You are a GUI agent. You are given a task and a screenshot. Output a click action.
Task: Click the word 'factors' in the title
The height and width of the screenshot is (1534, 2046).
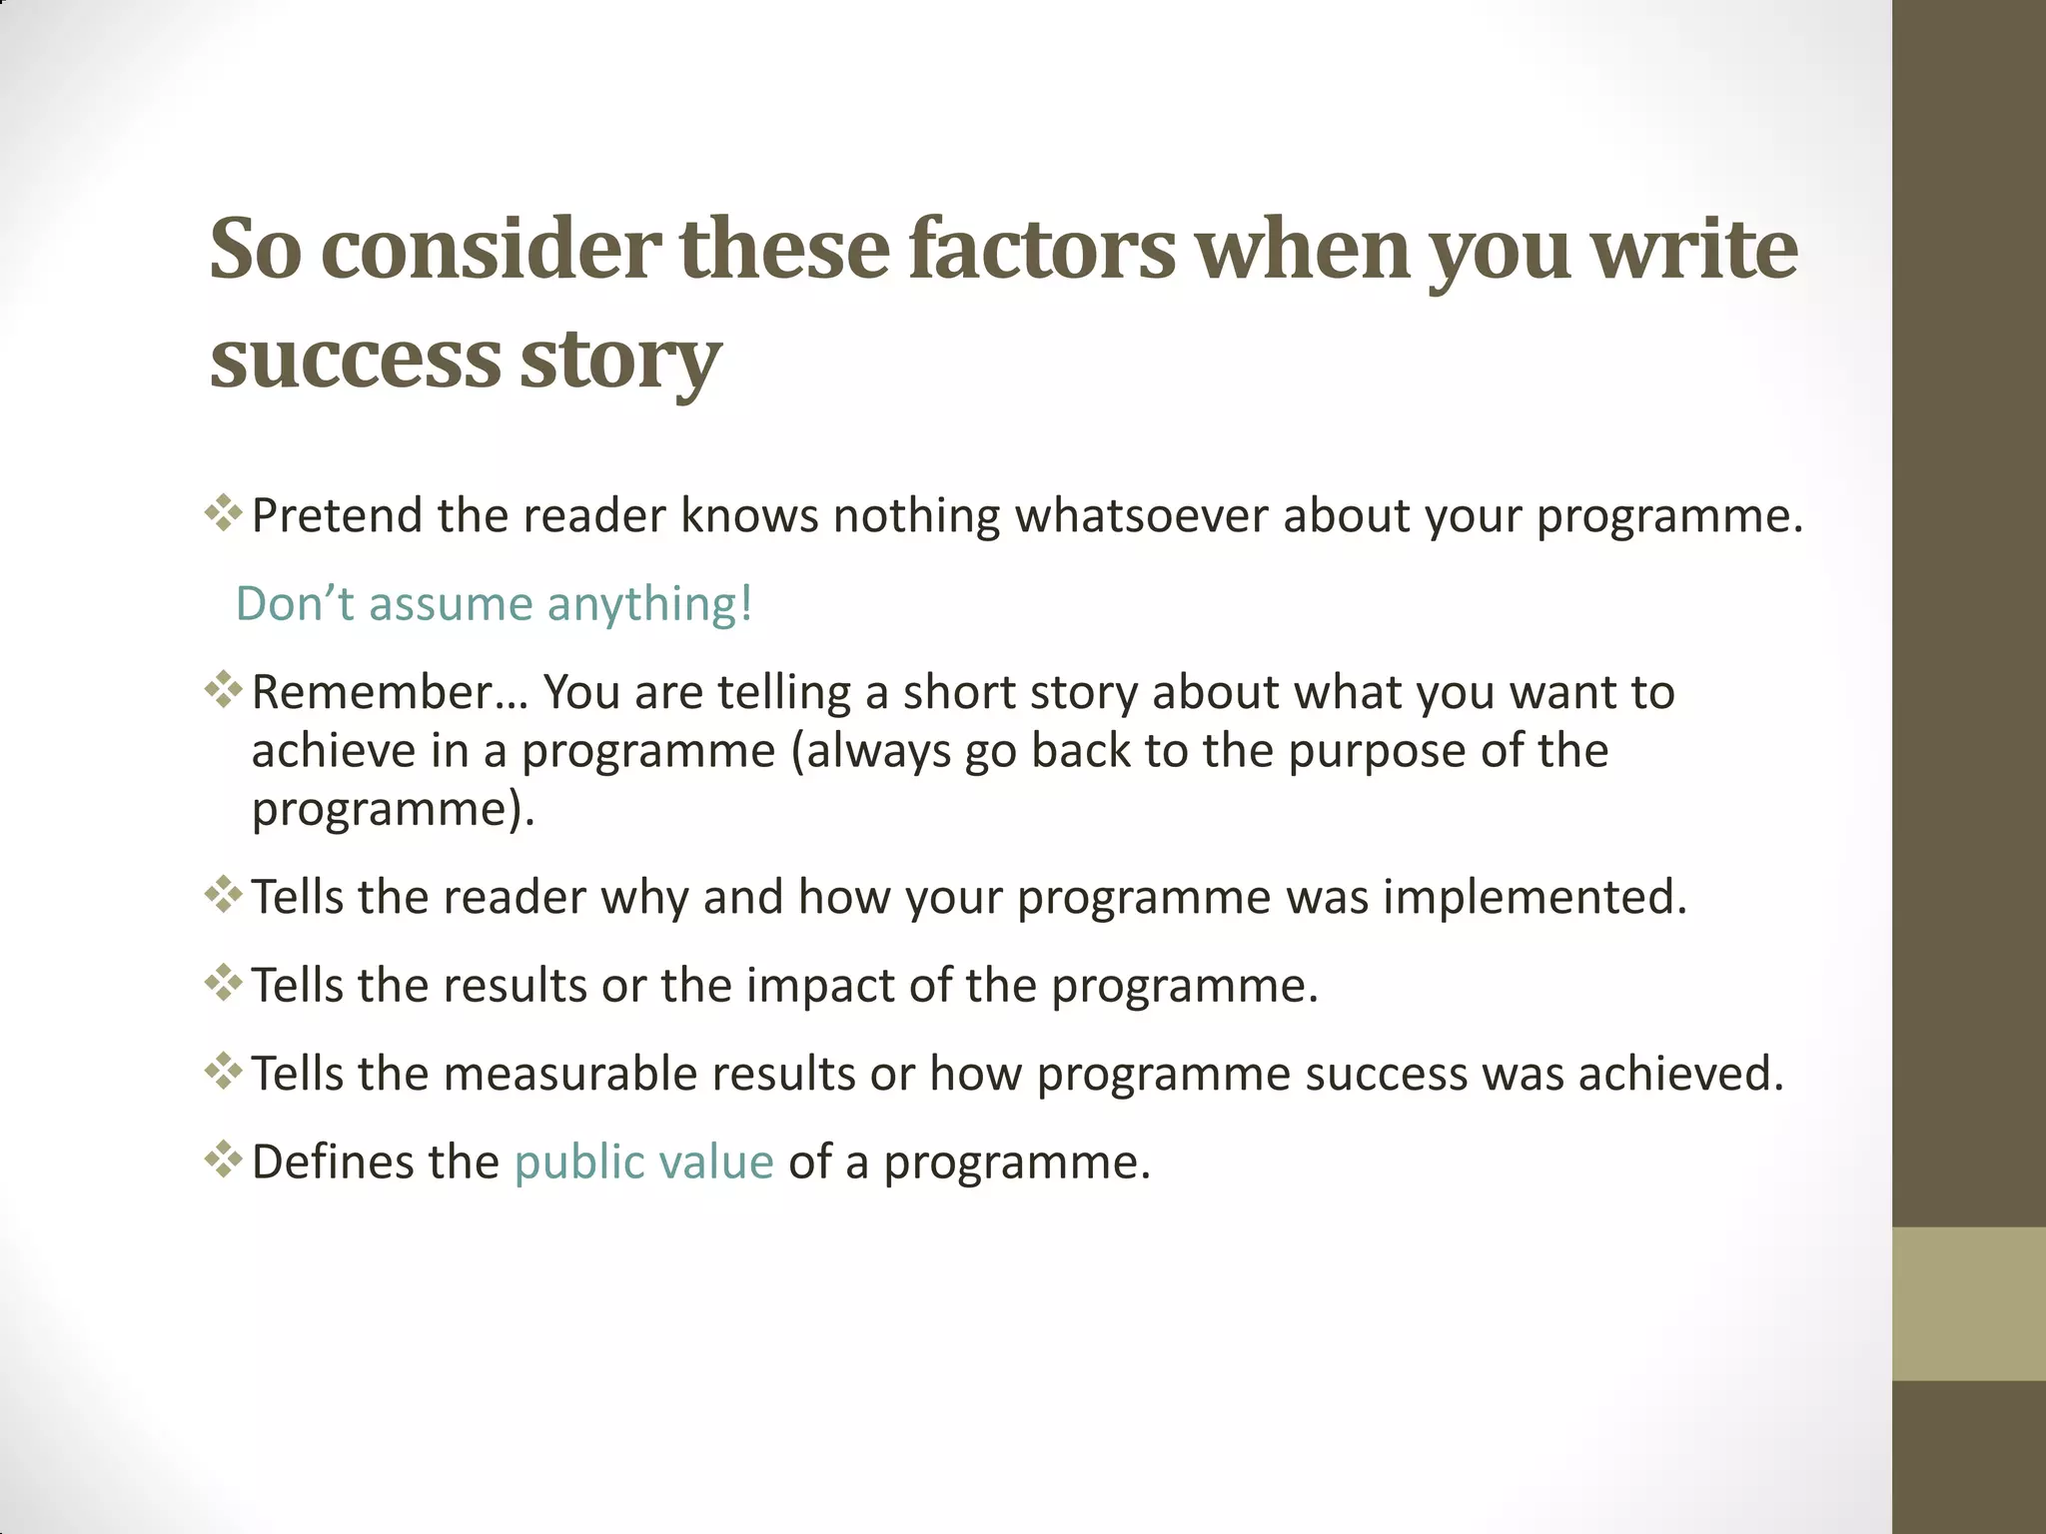coord(1042,250)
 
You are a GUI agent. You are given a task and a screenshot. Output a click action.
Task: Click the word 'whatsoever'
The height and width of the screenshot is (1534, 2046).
coord(1142,516)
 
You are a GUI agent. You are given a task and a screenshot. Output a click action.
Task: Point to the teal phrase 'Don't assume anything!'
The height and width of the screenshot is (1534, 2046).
coord(494,604)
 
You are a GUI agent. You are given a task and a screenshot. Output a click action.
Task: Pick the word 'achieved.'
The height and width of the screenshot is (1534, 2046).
coord(1680,1074)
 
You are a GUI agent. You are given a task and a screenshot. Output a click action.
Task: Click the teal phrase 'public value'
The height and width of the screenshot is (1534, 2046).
coord(643,1162)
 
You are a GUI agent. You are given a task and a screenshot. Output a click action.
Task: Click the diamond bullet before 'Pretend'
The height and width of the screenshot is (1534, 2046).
coord(224,513)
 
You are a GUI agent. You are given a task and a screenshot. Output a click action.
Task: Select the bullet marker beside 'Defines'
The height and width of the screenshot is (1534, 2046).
coord(224,1159)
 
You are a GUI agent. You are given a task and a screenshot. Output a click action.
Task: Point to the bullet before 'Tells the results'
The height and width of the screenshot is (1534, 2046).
coord(224,983)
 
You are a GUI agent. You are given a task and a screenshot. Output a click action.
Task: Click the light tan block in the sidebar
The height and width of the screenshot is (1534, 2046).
coord(1968,1303)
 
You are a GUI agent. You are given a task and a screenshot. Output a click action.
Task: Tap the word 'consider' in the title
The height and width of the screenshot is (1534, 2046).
coord(491,250)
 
